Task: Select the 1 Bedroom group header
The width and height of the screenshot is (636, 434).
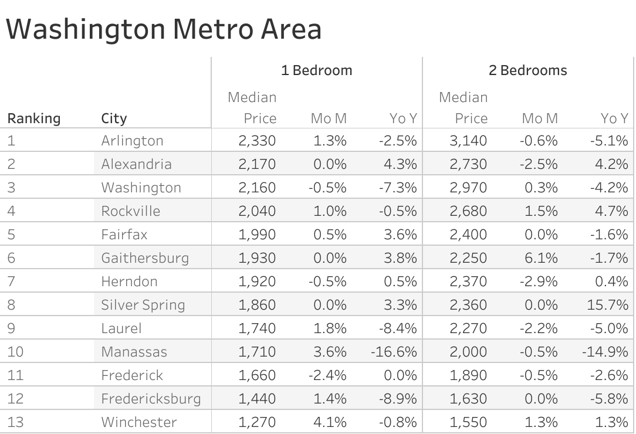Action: click(x=316, y=70)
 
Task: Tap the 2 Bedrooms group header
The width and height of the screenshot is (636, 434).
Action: click(x=527, y=70)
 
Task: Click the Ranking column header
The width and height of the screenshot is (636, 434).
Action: click(x=33, y=118)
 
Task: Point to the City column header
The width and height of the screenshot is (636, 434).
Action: click(x=114, y=118)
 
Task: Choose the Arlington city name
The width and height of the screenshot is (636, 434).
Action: click(x=132, y=141)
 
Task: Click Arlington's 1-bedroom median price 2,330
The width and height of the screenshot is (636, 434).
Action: click(x=257, y=141)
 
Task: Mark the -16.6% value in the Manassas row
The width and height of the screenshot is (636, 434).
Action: click(x=394, y=352)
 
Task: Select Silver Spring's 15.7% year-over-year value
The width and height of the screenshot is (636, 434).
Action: click(x=611, y=305)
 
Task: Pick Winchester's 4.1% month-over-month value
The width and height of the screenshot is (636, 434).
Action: click(x=329, y=422)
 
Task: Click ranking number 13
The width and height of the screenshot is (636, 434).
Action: click(x=15, y=422)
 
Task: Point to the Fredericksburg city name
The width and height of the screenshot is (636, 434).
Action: click(x=151, y=399)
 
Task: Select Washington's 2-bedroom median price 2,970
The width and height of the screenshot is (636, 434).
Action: click(x=468, y=188)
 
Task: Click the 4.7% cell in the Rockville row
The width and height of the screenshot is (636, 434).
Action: click(x=611, y=211)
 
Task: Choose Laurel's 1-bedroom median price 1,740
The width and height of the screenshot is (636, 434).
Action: click(x=257, y=328)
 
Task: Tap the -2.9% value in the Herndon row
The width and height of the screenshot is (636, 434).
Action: click(x=538, y=282)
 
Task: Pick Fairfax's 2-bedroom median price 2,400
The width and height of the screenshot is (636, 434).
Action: click(x=468, y=235)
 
